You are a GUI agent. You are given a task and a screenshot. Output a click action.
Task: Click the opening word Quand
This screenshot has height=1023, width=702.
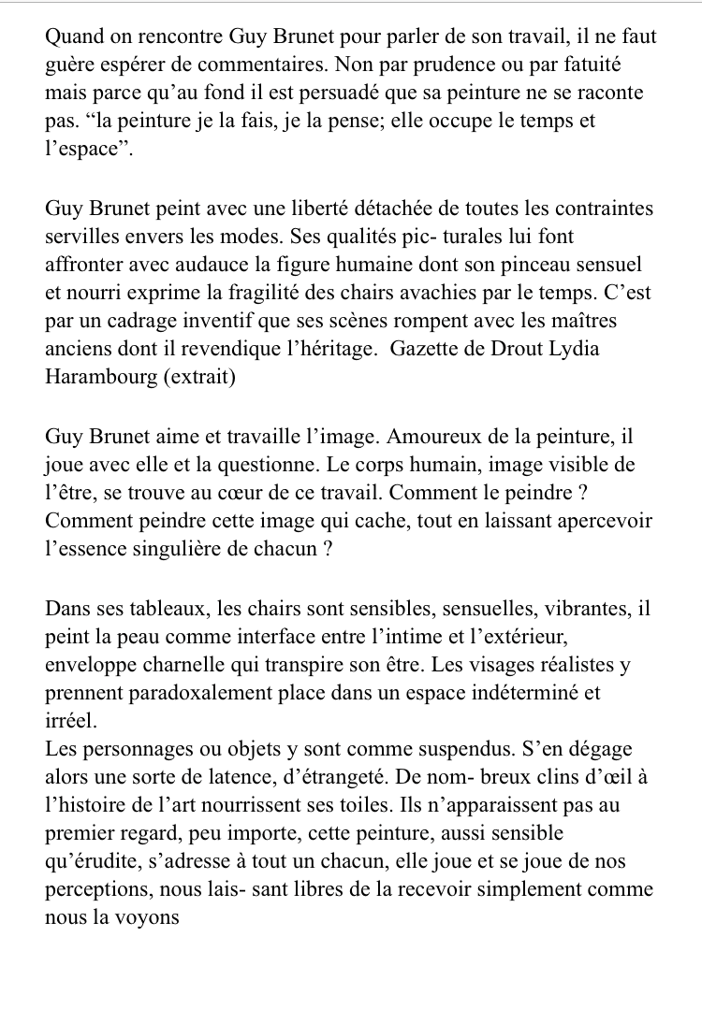(76, 38)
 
